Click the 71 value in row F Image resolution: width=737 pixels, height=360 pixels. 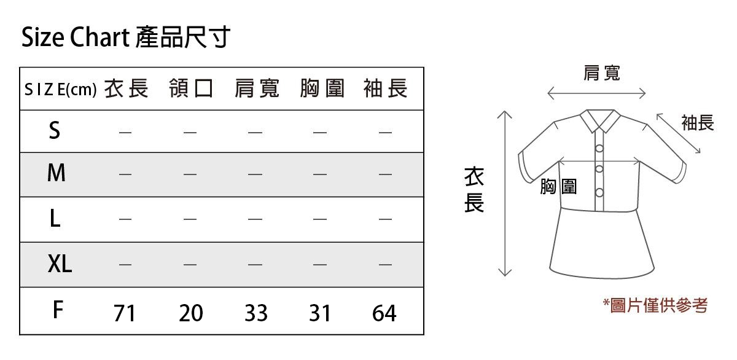click(124, 313)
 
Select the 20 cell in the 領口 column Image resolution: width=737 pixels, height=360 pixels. click(191, 313)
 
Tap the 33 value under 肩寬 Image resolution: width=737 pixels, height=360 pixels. click(256, 313)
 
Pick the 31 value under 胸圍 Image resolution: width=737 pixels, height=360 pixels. click(320, 313)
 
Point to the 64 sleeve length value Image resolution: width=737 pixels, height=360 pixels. click(384, 313)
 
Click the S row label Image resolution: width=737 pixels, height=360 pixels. click(55, 130)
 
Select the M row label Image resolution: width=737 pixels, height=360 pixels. click(57, 173)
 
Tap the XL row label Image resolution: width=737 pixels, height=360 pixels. click(60, 264)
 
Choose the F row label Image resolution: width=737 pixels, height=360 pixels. click(58, 310)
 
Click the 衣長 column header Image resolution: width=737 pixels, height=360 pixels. click(127, 88)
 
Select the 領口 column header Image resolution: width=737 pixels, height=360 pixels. click(191, 88)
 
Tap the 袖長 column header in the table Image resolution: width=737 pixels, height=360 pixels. click(386, 88)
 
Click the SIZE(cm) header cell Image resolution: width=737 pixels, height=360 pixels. click(61, 90)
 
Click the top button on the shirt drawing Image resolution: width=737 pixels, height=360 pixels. click(599, 149)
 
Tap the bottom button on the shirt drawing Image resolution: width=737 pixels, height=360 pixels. click(599, 192)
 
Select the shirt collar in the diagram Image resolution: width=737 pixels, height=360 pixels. click(600, 121)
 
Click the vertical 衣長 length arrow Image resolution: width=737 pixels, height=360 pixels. click(505, 194)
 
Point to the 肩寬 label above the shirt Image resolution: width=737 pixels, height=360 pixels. click(602, 72)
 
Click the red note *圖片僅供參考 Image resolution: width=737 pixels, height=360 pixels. click(655, 305)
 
